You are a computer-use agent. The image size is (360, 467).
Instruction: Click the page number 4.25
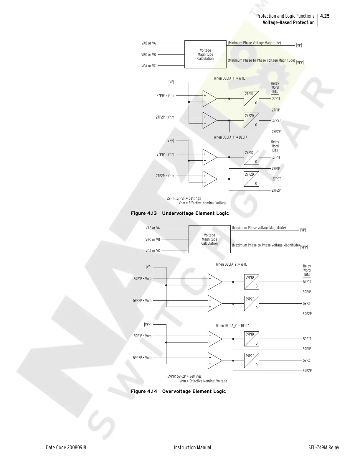pyautogui.click(x=325, y=16)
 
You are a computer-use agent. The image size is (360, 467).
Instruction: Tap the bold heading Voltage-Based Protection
pyautogui.click(x=288, y=23)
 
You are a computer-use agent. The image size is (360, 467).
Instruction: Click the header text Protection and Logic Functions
pyautogui.click(x=285, y=16)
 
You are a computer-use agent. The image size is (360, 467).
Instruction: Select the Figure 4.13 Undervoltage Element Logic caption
pyautogui.click(x=180, y=213)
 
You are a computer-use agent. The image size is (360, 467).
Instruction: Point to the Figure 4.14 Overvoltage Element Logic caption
pyautogui.click(x=178, y=391)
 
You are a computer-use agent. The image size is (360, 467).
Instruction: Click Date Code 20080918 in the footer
pyautogui.click(x=66, y=448)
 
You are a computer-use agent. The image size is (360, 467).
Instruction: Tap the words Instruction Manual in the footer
pyautogui.click(x=192, y=448)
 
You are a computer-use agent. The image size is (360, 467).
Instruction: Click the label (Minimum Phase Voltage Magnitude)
pyautogui.click(x=254, y=43)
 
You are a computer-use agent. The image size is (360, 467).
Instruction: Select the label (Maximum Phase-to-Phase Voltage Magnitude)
pyautogui.click(x=265, y=245)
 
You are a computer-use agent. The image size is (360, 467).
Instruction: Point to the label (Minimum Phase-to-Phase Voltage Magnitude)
pyautogui.click(x=261, y=60)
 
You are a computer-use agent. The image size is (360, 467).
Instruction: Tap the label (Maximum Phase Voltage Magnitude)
pyautogui.click(x=259, y=228)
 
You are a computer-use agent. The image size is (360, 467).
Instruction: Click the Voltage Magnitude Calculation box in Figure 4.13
pyautogui.click(x=205, y=55)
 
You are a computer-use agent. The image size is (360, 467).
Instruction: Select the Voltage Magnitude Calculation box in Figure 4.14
pyautogui.click(x=209, y=239)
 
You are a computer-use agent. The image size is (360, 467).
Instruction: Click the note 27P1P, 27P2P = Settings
pyautogui.click(x=184, y=198)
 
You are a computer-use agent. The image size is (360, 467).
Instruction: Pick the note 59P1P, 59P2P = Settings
pyautogui.click(x=184, y=376)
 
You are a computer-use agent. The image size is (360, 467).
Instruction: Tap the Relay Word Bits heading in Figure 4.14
pyautogui.click(x=307, y=270)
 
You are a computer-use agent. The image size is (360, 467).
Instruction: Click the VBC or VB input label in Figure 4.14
pyautogui.click(x=153, y=239)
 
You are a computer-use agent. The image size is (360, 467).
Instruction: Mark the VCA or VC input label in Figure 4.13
pyautogui.click(x=148, y=66)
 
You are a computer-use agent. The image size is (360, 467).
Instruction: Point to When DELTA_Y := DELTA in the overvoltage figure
pyautogui.click(x=232, y=325)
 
